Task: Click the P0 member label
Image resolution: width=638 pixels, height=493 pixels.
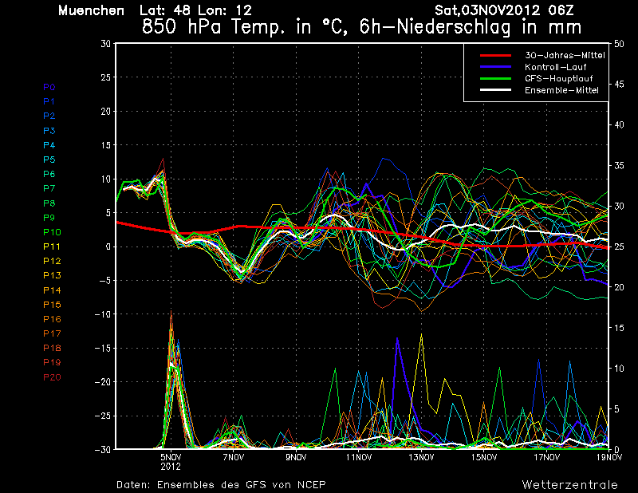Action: [x=49, y=87]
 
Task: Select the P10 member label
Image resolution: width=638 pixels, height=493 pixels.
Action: [x=52, y=232]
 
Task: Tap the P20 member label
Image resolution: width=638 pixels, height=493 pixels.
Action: [x=52, y=377]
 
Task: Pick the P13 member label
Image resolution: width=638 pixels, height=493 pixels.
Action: [x=52, y=275]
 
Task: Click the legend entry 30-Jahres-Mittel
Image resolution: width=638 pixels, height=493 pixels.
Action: [x=565, y=55]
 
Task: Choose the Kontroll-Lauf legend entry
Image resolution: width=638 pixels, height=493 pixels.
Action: [x=555, y=67]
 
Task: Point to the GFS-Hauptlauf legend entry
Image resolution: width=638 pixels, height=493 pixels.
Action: [x=559, y=78]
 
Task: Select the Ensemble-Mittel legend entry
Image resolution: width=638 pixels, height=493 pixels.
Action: [x=561, y=90]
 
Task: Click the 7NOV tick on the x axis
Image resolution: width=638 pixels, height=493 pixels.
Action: [x=234, y=457]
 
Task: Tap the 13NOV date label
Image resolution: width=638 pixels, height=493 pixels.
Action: [x=421, y=457]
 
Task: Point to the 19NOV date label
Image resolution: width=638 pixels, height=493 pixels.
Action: [x=609, y=457]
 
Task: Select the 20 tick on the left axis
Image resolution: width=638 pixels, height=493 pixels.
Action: [x=106, y=111]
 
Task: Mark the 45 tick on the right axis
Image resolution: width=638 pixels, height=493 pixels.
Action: [x=619, y=85]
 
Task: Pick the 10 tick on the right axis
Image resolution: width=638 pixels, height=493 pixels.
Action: [x=619, y=369]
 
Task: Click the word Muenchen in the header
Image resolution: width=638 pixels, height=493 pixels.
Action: [x=91, y=10]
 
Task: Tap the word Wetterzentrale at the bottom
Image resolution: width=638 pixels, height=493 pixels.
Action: [x=570, y=485]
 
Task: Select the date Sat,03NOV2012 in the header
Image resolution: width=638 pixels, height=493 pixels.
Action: [x=487, y=10]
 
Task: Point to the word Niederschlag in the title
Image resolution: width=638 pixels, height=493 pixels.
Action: [x=453, y=28]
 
